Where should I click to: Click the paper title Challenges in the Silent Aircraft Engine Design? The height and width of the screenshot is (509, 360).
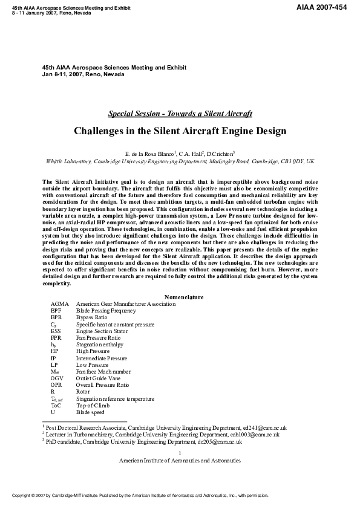[x=180, y=131]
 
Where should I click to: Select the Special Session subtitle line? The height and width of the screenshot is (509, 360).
[x=180, y=114]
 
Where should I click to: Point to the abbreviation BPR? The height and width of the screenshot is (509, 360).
[x=56, y=317]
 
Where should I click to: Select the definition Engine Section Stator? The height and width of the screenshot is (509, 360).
[x=103, y=331]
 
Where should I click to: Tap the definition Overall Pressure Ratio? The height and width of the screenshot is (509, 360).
[x=102, y=385]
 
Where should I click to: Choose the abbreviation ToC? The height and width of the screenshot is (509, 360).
[x=56, y=406]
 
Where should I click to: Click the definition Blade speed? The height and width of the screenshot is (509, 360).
[x=90, y=412]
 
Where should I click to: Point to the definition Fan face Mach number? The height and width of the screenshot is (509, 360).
[x=103, y=372]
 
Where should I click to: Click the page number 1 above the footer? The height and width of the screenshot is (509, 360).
[x=180, y=453]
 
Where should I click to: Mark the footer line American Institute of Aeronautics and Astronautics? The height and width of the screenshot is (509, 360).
[x=180, y=460]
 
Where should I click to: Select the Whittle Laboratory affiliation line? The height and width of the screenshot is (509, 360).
[x=180, y=161]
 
